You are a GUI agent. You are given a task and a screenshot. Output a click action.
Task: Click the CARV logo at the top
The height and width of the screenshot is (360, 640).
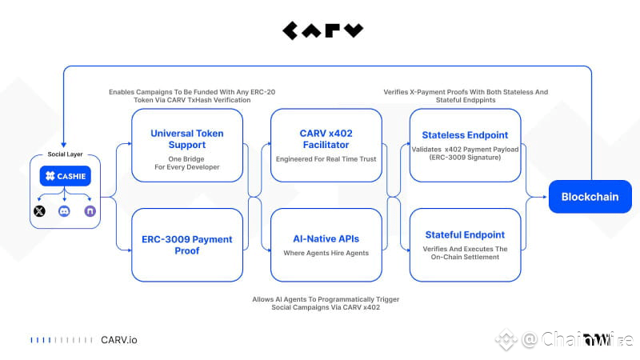point(322,30)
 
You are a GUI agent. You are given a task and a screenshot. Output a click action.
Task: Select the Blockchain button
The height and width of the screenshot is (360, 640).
point(590,197)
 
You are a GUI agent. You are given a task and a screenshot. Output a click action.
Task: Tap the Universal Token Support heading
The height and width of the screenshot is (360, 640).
point(187,139)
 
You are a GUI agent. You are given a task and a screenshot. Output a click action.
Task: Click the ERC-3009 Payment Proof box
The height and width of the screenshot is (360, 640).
point(187,244)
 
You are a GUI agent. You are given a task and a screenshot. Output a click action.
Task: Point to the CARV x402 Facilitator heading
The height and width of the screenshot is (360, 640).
point(326,139)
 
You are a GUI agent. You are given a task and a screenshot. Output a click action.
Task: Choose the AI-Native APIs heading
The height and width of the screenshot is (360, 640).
point(326,238)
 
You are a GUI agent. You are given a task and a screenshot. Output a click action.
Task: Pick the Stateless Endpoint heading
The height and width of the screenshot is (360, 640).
point(465,134)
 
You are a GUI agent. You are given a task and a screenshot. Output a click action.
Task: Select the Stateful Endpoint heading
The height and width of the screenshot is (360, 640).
point(465,234)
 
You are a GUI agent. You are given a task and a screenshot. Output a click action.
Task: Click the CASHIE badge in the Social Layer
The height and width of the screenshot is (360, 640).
point(65,176)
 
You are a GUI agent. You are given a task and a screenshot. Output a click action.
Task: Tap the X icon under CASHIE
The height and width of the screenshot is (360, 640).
point(40,211)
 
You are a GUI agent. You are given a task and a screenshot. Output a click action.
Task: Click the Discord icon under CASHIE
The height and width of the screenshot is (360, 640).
point(65,211)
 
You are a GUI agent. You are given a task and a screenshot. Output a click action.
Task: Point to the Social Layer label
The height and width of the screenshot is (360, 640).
point(65,154)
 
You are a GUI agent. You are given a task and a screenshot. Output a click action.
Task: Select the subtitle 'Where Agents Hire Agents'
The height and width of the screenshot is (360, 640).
point(326,254)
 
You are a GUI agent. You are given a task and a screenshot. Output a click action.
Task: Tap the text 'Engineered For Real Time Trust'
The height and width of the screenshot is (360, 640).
point(326,159)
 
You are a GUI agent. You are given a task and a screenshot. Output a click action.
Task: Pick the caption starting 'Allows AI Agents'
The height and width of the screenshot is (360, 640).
point(326,303)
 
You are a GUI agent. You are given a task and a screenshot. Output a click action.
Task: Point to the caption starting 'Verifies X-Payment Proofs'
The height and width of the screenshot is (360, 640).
point(464,96)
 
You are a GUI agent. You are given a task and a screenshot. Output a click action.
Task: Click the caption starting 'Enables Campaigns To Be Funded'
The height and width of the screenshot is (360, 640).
point(192,96)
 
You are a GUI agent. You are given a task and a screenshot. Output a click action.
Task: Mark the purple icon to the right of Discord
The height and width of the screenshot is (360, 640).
point(89,211)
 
